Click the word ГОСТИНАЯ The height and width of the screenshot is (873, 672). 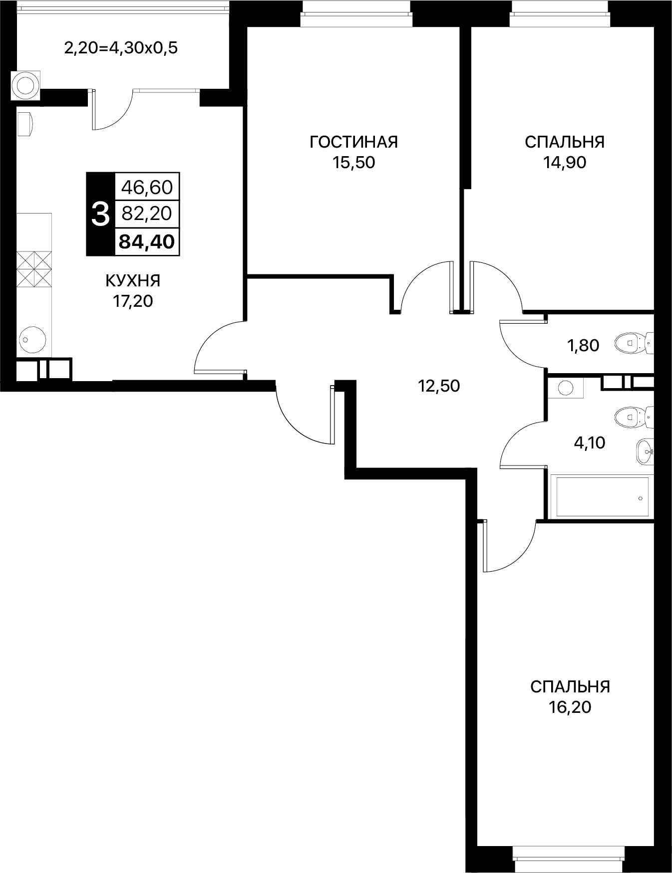353,142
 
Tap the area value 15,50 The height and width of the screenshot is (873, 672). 353,163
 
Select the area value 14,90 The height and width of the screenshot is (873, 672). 565,163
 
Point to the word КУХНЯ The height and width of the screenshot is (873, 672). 133,281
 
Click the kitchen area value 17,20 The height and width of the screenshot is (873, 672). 133,301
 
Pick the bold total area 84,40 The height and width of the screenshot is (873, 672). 147,242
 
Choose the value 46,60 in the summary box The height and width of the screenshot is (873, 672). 147,188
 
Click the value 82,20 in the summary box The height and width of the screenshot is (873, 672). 147,214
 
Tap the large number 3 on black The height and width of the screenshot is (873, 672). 100,215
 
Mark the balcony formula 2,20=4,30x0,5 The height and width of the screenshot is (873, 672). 121,48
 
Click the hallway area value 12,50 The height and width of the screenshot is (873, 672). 439,386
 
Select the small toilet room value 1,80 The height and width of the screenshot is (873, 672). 583,345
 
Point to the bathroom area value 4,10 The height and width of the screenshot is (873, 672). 589,442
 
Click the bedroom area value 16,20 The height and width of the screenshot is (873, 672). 570,707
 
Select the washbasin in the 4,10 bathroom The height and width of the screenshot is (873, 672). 645,452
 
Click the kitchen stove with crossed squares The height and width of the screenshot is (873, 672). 34,269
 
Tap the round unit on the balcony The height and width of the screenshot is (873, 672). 25,85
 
